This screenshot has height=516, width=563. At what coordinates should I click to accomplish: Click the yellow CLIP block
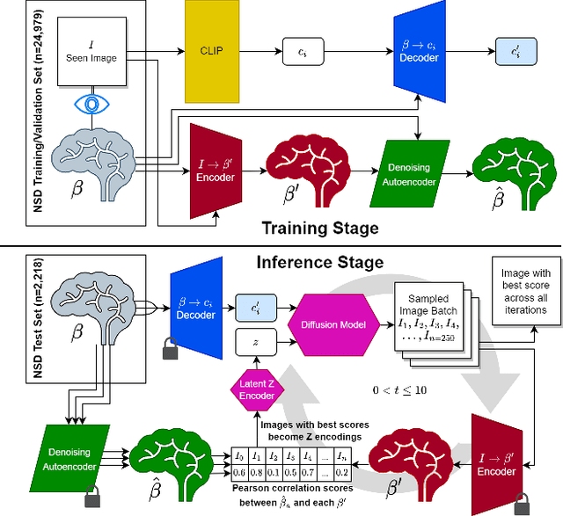tap(211, 50)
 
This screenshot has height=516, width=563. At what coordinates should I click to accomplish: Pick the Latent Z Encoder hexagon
tap(256, 389)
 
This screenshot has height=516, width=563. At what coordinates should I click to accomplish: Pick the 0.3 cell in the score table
tap(291, 472)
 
